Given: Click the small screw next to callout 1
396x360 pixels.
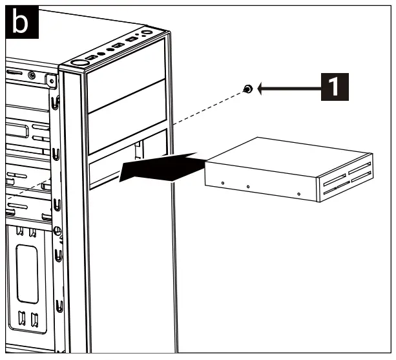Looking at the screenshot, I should tap(247, 89).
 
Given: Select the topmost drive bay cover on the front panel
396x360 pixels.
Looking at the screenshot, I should tap(127, 70).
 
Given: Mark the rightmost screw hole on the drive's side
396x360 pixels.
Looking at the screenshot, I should tap(298, 193).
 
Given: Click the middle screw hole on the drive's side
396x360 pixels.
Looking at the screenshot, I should tap(248, 187).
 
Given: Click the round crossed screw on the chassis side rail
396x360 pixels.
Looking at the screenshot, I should tap(57, 229).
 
